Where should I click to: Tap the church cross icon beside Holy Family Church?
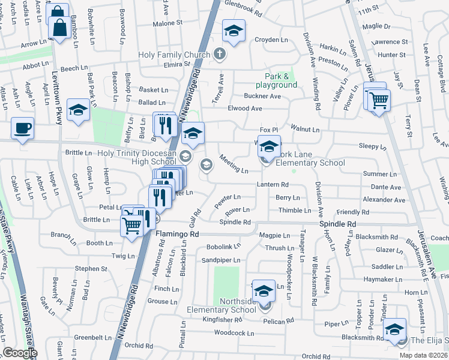click(x=220, y=54)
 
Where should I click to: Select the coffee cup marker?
click(x=23, y=128)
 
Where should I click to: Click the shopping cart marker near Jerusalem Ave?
click(x=378, y=100)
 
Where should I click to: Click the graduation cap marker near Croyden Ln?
click(x=234, y=30)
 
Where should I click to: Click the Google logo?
click(x=20, y=353)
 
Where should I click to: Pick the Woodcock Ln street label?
click(x=234, y=332)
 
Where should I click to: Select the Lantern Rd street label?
click(x=273, y=184)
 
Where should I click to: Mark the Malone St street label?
click(x=167, y=23)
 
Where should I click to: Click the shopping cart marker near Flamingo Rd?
click(x=132, y=226)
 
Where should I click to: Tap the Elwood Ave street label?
click(x=245, y=109)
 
